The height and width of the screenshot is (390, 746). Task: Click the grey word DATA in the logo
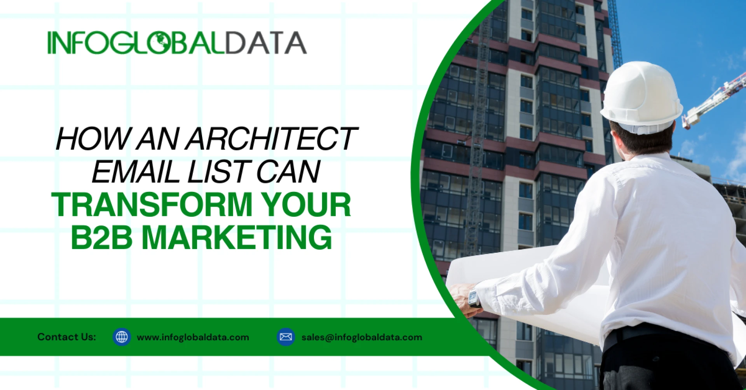[266, 43]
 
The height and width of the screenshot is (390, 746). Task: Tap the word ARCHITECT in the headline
[271, 139]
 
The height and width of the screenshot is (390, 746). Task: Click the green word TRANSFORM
[152, 205]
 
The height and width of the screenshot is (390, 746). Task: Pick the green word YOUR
[306, 205]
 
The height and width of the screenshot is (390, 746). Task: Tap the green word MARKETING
[237, 237]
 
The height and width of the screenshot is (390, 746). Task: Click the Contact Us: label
[66, 337]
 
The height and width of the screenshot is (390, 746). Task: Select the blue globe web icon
[122, 337]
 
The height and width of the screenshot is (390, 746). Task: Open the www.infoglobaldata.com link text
[193, 337]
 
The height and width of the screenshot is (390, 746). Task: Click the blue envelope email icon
[286, 337]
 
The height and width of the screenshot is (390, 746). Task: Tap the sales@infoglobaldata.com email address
[362, 337]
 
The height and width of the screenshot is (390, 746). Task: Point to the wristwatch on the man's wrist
[474, 299]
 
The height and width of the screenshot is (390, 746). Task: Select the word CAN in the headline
[288, 172]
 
